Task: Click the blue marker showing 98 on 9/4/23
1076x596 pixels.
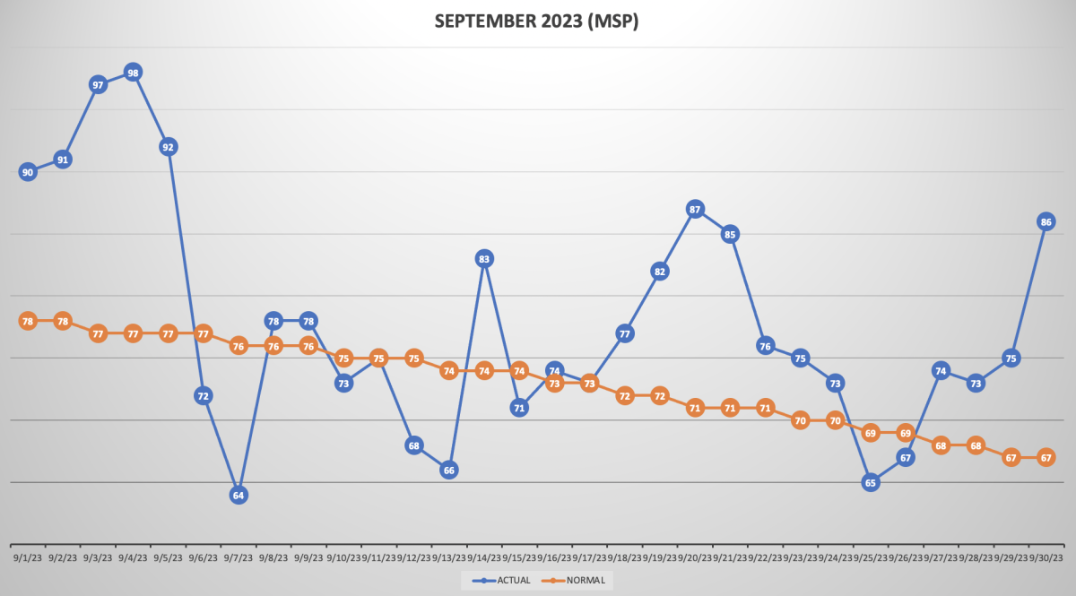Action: pyautogui.click(x=133, y=73)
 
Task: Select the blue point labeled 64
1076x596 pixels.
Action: pyautogui.click(x=238, y=495)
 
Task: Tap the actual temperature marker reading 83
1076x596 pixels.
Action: pyautogui.click(x=484, y=259)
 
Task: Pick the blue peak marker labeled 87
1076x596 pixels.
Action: pyautogui.click(x=695, y=209)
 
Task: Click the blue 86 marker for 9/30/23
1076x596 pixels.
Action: pyautogui.click(x=1046, y=221)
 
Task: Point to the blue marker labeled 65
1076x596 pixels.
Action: pyautogui.click(x=870, y=482)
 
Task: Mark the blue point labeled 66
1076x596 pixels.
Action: pyautogui.click(x=449, y=470)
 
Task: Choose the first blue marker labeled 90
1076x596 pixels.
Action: pyautogui.click(x=28, y=172)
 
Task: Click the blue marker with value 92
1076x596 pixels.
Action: pyautogui.click(x=168, y=147)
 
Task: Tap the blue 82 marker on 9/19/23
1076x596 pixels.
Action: pyautogui.click(x=660, y=272)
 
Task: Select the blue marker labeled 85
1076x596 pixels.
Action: pyautogui.click(x=730, y=235)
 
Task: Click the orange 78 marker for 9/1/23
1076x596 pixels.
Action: pyautogui.click(x=28, y=321)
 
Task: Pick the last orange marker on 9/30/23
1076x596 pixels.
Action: pyautogui.click(x=1046, y=457)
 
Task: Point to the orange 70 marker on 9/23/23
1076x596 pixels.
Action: pyautogui.click(x=801, y=420)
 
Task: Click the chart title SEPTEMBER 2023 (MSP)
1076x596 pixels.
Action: pyautogui.click(x=536, y=22)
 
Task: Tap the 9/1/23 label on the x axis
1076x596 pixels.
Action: pyautogui.click(x=27, y=557)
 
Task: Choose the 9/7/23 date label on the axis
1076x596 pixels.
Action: pyautogui.click(x=238, y=557)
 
